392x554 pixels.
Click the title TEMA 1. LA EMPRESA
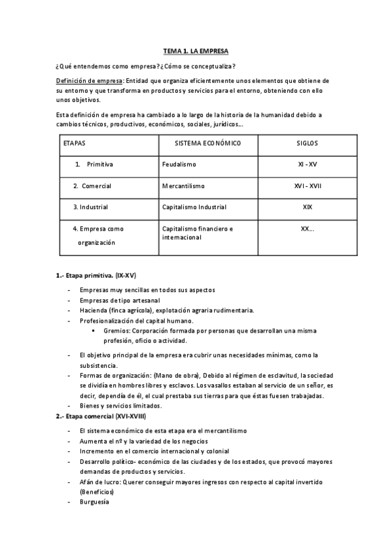196,51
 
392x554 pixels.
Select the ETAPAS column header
74,142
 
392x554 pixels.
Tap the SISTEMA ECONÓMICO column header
208,142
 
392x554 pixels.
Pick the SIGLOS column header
307,142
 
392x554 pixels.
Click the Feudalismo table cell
179,165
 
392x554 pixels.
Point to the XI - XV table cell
307,165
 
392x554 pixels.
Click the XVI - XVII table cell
307,186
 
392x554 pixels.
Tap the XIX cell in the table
307,207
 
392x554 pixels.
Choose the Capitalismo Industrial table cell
194,207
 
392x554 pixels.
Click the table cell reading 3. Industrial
90,207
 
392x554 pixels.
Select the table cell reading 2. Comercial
92,186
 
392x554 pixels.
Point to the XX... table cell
307,229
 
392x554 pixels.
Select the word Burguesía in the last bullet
94,502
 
